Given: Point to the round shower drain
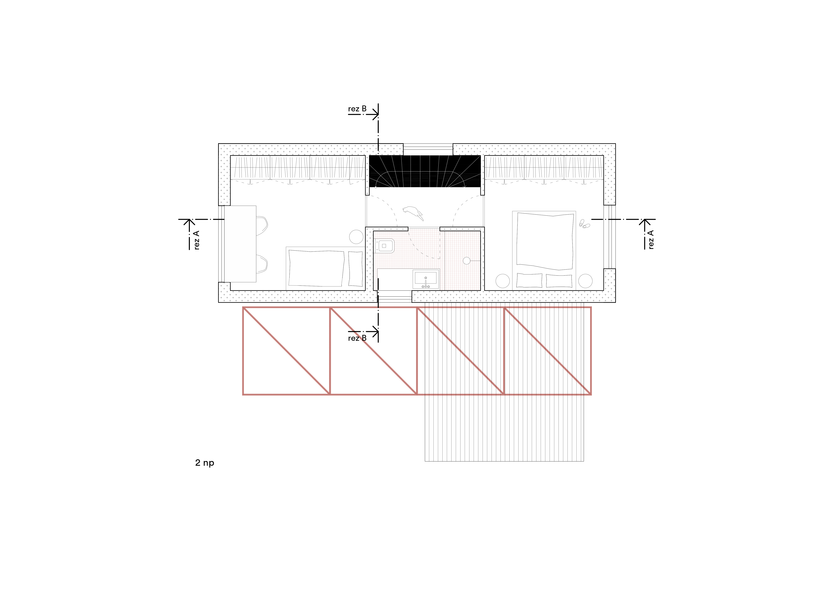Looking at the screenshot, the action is [x=466, y=261].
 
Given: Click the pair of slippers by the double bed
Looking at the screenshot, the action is [x=584, y=223].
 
